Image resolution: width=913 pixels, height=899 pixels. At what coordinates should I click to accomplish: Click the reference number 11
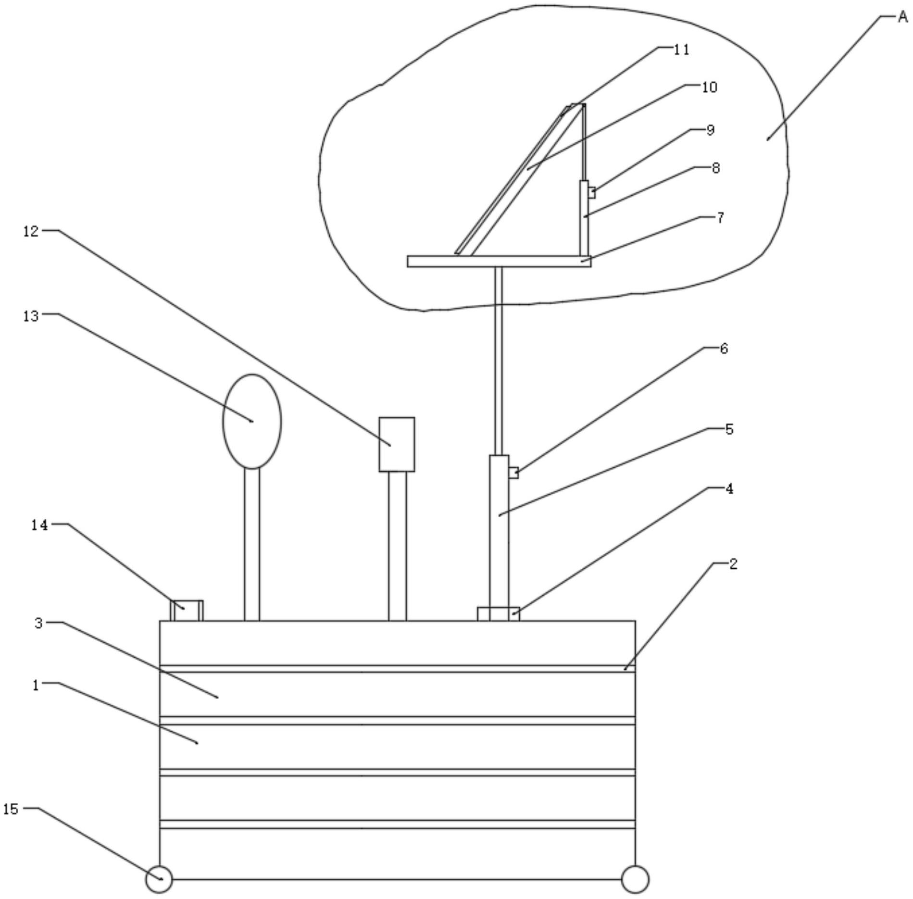coord(681,50)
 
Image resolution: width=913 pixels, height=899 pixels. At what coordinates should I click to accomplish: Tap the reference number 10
coord(710,87)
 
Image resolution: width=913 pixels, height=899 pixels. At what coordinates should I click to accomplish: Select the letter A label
coord(903,17)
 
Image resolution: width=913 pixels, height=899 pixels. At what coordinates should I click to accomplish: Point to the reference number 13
coord(31,316)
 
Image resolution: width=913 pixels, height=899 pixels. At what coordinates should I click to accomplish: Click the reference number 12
coord(31,231)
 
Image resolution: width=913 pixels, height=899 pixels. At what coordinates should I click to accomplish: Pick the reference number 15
coord(11,809)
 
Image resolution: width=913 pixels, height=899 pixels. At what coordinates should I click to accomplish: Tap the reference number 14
coord(39,525)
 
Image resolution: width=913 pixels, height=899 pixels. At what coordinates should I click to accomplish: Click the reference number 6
coord(724,349)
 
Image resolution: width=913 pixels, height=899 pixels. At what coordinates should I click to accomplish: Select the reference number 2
coord(733,564)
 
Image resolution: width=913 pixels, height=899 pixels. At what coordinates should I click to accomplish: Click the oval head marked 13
coord(252,421)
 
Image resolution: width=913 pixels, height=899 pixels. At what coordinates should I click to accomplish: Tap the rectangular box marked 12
coord(397,444)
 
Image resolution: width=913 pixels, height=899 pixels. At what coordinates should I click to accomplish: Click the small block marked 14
coord(187,611)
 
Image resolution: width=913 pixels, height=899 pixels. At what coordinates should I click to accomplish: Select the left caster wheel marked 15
coord(159,879)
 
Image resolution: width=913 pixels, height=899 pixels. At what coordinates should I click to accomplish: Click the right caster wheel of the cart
coord(635,879)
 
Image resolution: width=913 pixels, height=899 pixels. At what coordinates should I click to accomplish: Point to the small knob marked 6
coord(513,473)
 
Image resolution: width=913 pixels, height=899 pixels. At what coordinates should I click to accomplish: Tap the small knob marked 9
coord(592,192)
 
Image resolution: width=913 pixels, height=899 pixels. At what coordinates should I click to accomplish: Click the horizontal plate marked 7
coord(499,261)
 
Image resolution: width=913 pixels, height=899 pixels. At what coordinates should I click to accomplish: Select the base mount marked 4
coord(498,614)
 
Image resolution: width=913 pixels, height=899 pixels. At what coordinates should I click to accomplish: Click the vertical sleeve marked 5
coord(499,531)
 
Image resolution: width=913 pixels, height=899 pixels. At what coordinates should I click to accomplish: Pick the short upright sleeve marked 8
coord(584,218)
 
